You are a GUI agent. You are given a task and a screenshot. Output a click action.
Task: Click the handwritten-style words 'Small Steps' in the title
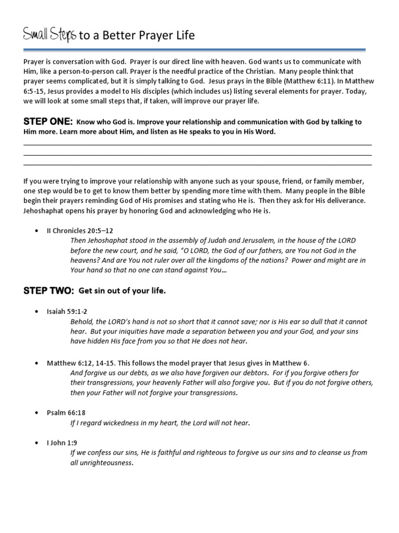(50, 35)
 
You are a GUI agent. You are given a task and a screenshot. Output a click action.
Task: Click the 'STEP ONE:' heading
(48, 122)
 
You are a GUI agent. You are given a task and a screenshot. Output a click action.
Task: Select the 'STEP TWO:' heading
(49, 291)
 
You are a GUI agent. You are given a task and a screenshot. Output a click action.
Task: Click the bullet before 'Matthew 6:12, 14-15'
(36, 363)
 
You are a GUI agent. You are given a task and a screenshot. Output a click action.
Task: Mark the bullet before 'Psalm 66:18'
(36, 412)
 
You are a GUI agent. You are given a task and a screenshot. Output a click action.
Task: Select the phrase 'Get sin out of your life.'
(122, 291)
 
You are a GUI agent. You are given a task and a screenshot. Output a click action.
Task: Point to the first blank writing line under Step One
(197, 145)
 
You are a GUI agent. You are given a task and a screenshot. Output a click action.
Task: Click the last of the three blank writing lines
(197, 164)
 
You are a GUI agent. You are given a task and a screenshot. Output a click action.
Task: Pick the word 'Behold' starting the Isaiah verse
(81, 322)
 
